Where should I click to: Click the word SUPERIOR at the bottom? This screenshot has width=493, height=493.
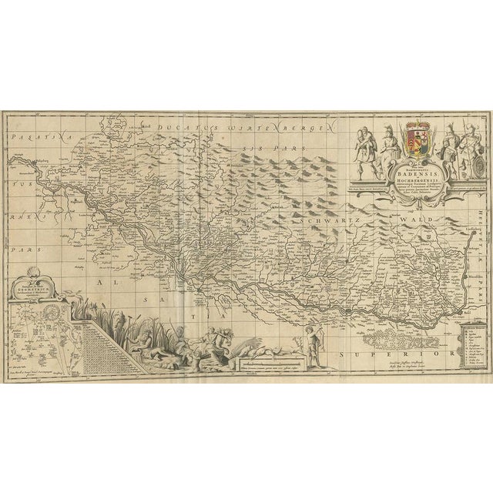(x=414, y=350)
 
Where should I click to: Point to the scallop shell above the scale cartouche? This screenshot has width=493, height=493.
(x=32, y=270)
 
